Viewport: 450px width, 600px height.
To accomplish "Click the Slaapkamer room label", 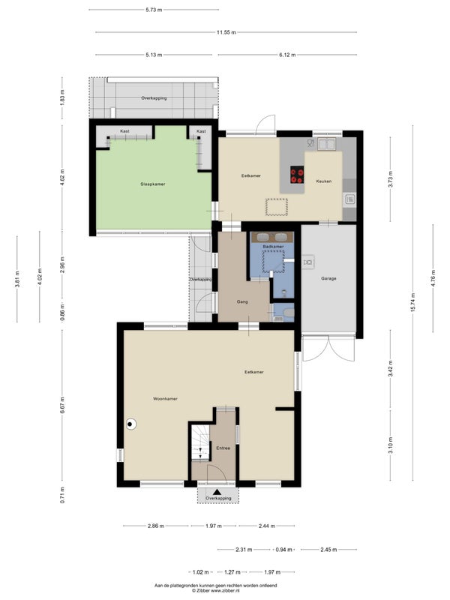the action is click(x=153, y=184).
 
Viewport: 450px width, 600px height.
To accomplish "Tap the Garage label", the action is click(x=328, y=278).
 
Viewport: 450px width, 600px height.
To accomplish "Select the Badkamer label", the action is click(x=273, y=247).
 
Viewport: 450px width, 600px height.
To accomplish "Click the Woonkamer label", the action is click(x=165, y=399).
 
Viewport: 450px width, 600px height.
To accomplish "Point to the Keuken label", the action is click(x=324, y=181).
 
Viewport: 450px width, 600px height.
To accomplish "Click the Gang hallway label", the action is click(x=242, y=302).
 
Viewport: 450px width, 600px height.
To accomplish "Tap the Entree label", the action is click(x=223, y=448).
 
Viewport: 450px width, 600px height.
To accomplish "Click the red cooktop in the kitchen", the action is click(x=297, y=175).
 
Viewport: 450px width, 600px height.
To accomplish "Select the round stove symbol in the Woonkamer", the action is click(x=131, y=424).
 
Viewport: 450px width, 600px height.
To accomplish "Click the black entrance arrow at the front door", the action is click(x=217, y=492).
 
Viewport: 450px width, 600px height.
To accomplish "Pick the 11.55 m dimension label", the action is click(x=226, y=32).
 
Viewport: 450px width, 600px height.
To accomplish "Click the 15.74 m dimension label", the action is click(x=413, y=303).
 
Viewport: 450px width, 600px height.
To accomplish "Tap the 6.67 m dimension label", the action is click(x=62, y=404).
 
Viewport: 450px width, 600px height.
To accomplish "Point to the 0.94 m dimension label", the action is click(x=284, y=550).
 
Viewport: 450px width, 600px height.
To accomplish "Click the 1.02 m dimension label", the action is click(x=200, y=572).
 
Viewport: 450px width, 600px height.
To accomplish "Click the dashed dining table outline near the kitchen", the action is click(x=277, y=207).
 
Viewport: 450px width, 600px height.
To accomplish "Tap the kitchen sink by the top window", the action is click(x=327, y=144).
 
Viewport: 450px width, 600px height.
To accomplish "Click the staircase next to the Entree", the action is click(x=200, y=442).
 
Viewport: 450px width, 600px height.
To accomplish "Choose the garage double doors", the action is click(x=328, y=349).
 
